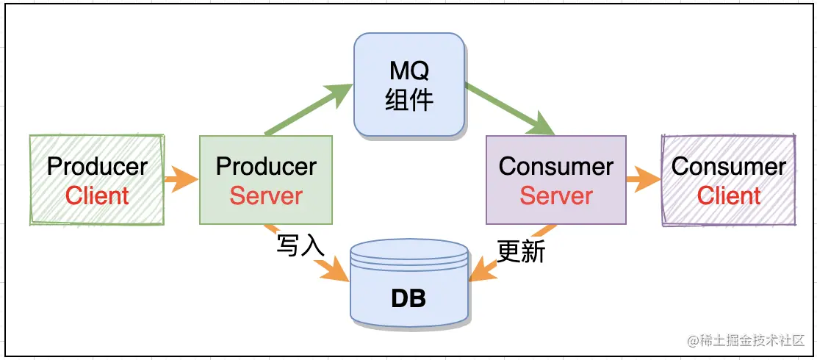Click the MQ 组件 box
[408, 85]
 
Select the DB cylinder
[408, 282]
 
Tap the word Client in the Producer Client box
[97, 196]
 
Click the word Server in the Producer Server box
[266, 196]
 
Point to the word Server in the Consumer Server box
[556, 196]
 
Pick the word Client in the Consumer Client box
[729, 196]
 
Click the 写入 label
[300, 246]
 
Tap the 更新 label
[521, 252]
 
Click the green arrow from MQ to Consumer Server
[510, 109]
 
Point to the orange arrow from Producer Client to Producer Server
[181, 179]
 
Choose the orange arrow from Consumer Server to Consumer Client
[644, 179]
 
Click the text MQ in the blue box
[408, 72]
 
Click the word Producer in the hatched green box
[97, 167]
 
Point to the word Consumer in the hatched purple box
[729, 167]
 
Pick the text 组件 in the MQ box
[408, 99]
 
